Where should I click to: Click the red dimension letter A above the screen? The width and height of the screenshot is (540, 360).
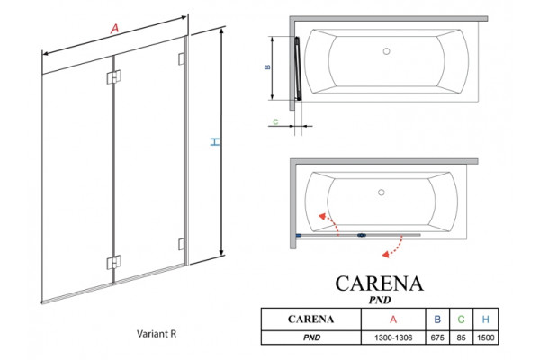point(114,28)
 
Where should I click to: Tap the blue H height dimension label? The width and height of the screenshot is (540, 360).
point(215,141)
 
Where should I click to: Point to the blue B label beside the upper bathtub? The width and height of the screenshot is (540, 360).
point(267,67)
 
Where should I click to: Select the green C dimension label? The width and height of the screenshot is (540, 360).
point(275,121)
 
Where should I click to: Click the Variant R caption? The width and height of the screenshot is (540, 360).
point(157,334)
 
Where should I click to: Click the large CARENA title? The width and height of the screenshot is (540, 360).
point(380,283)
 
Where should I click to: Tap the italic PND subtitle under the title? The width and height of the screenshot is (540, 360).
point(380,300)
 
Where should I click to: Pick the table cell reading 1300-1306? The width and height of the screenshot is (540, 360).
point(393,337)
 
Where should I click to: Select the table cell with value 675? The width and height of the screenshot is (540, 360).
point(437,337)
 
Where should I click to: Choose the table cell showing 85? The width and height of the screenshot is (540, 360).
point(461,337)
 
